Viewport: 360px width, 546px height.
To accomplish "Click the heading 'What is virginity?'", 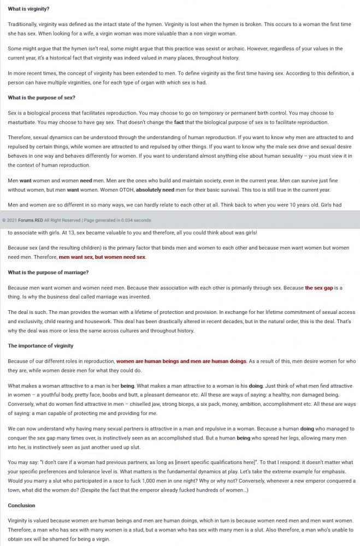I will click(28, 9).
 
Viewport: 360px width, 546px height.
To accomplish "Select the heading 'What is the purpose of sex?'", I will click(42, 98).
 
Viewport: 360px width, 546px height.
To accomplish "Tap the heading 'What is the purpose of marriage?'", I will click(48, 272).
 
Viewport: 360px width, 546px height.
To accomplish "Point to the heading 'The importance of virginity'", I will click(40, 346).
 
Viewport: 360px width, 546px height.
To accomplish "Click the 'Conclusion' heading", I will click(21, 506).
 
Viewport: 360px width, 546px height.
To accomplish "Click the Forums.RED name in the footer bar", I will click(31, 221).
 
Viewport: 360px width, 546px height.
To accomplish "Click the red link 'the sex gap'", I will click(319, 288).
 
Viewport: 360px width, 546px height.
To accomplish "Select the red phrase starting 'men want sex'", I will click(102, 257).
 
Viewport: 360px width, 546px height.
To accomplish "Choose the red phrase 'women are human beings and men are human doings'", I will click(181, 361).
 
